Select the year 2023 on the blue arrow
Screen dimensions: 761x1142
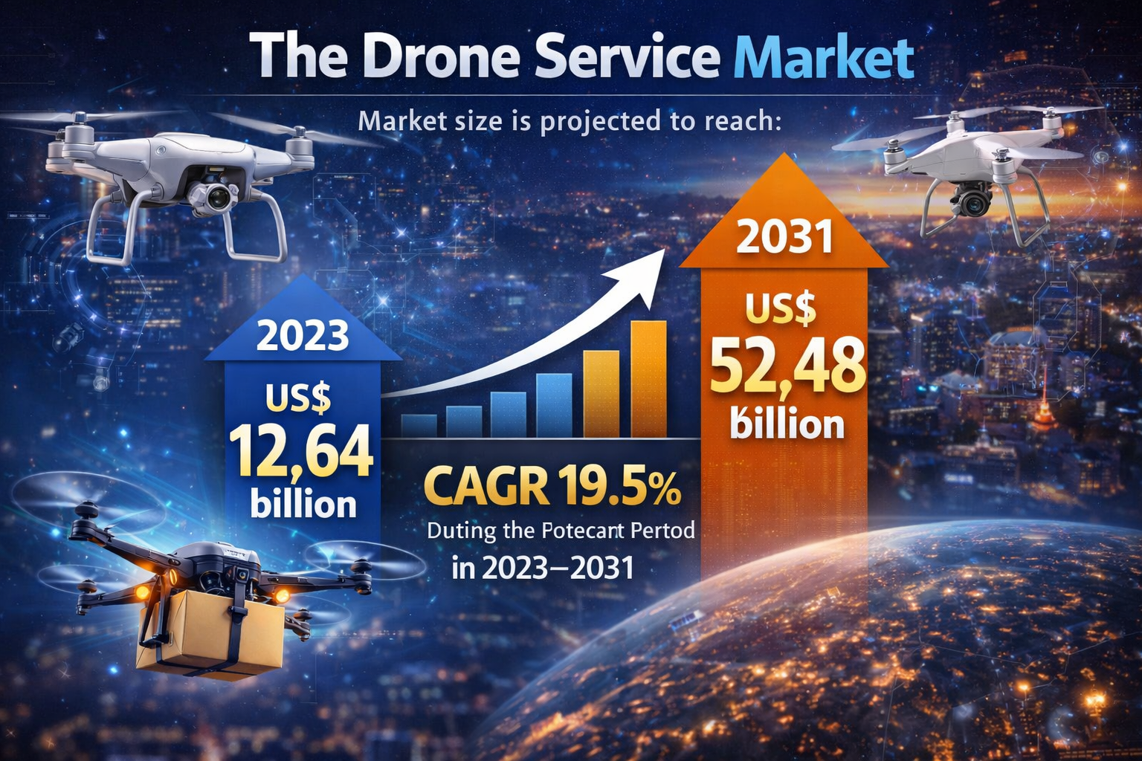303,336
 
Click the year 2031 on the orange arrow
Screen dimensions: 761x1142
784,238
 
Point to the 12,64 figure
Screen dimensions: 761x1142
300,451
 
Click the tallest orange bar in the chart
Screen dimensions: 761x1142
648,379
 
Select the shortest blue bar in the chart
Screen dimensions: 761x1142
419,425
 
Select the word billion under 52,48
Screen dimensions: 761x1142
787,424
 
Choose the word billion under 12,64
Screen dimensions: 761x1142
303,504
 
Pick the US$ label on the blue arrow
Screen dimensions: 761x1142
298,400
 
